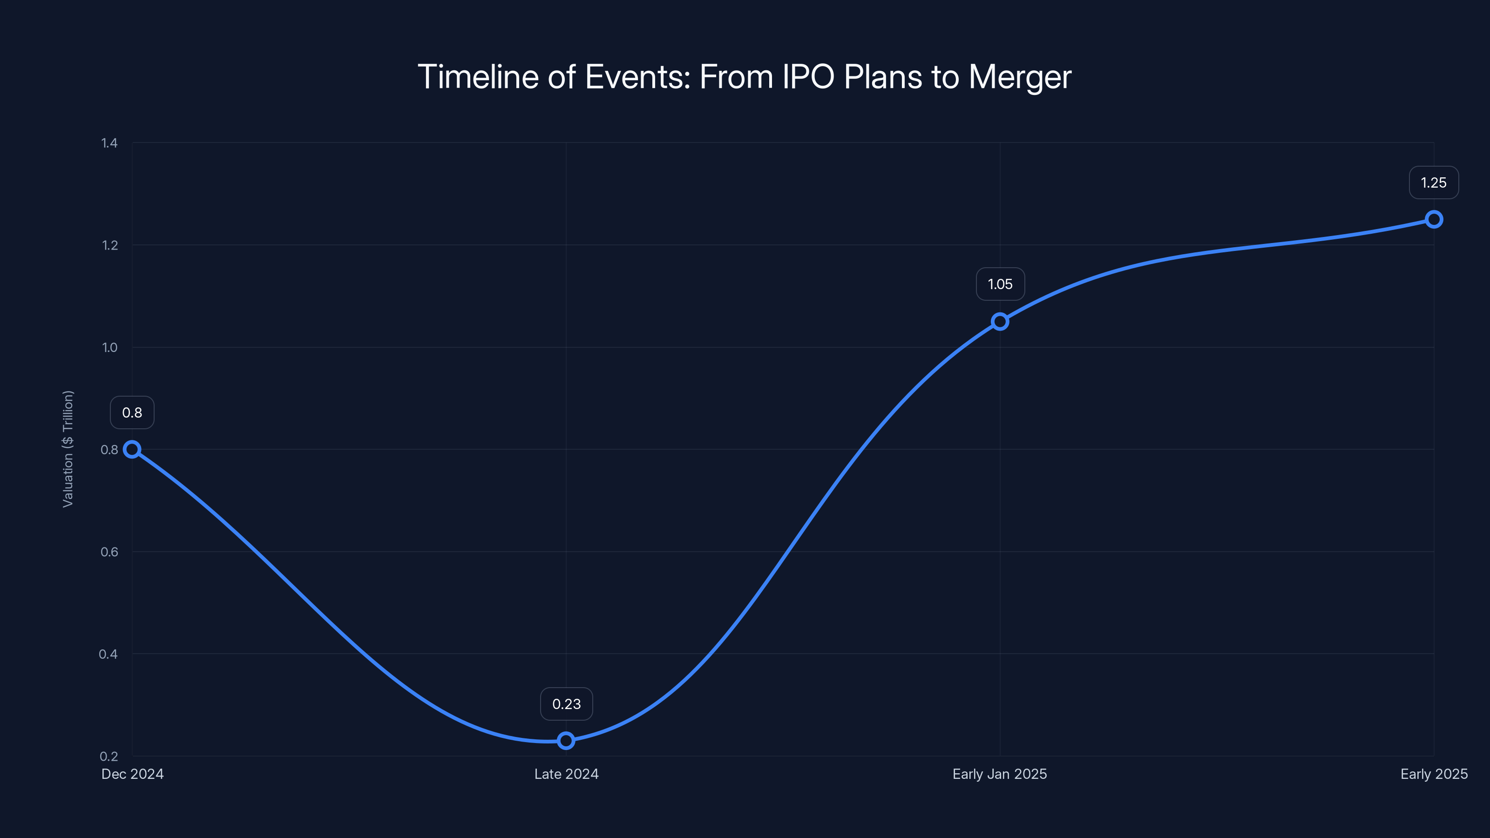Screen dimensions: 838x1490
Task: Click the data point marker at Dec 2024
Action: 132,449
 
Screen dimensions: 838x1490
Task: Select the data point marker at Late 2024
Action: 566,740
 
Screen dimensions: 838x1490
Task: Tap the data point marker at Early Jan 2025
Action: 1000,322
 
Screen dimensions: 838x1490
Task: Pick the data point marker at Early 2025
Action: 1434,219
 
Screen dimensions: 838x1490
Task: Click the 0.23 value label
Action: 566,704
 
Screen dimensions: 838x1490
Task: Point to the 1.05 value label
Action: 1000,284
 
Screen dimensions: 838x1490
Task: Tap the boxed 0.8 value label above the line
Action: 132,412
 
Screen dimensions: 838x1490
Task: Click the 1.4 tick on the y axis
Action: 109,143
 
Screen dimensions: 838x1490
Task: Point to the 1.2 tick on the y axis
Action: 109,245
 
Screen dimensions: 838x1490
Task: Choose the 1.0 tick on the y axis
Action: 109,348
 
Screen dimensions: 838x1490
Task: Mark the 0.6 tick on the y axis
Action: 109,552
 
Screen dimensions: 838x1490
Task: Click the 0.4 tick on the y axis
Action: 108,654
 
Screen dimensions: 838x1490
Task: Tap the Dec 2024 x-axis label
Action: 132,774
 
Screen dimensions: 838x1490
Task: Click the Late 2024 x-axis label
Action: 566,774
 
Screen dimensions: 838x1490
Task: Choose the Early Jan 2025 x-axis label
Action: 1000,774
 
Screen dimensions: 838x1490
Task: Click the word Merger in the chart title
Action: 1020,77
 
